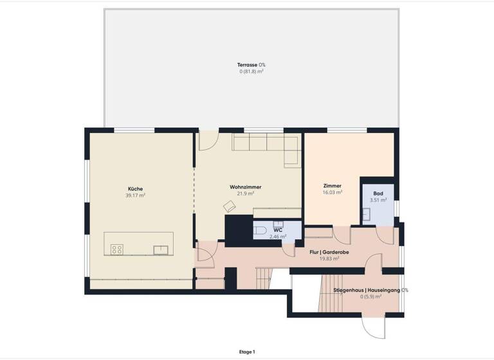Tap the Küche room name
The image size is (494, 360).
coord(136,188)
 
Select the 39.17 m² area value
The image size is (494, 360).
coord(136,195)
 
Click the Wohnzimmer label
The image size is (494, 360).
coord(246,187)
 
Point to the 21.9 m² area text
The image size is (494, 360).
coord(246,194)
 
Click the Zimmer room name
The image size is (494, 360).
coord(333,186)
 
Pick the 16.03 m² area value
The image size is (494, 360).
coord(333,192)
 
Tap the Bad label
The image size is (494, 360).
coord(378,193)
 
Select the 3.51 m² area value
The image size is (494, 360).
coord(378,200)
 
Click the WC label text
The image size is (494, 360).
coord(278,230)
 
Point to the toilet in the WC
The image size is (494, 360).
coord(259,231)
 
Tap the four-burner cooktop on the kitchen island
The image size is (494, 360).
coord(117,249)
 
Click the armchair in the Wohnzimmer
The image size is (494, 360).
coord(229,206)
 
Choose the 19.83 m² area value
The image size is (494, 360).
coord(329,260)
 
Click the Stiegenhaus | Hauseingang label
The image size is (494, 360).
coord(370,291)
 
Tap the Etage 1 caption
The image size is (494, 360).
coord(246,352)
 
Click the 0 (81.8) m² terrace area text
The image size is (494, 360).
coord(252,71)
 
